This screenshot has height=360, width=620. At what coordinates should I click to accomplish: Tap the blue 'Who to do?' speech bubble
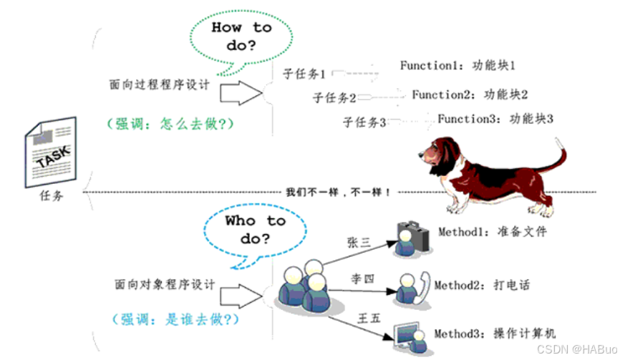pos(255,230)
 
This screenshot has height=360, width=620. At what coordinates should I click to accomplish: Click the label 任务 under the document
pos(52,195)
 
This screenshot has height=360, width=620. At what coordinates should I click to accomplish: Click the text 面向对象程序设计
pos(164,284)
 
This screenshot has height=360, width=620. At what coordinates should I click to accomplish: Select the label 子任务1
pos(305,73)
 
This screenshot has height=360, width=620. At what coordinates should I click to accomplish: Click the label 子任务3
pos(364,122)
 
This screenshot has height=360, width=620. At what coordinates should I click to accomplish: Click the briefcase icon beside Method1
pos(412,236)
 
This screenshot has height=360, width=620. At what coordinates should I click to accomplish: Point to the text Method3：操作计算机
pos(494,334)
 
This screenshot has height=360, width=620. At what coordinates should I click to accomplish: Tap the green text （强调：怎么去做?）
pos(170,124)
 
